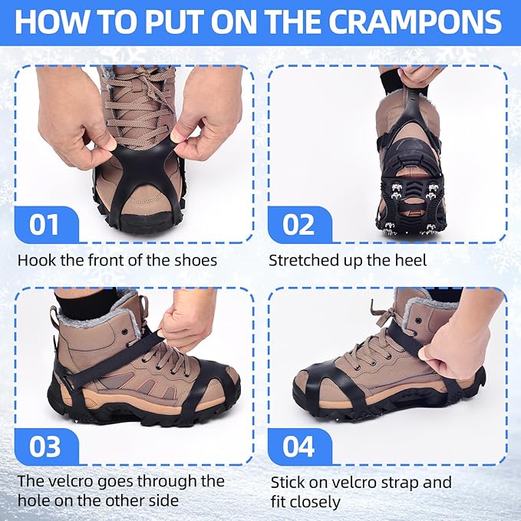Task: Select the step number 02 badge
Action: tap(298, 225)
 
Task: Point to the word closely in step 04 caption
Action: tap(315, 502)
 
